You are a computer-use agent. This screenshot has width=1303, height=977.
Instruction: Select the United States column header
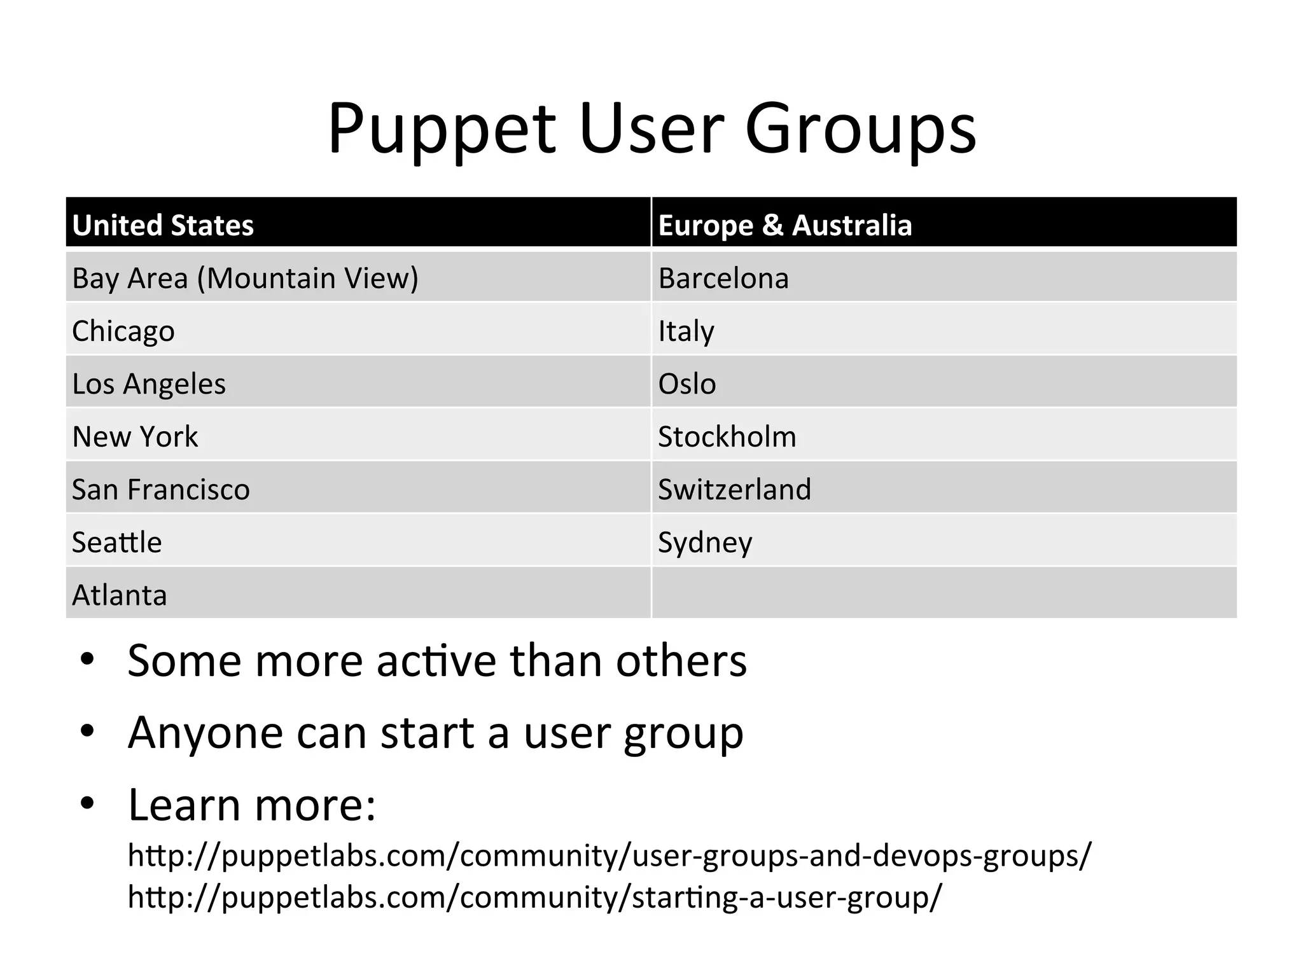click(163, 225)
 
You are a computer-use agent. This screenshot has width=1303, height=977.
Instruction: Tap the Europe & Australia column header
click(784, 225)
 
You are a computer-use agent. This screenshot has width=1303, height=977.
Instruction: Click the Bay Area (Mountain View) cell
click(245, 278)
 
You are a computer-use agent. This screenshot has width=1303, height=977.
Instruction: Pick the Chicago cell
click(123, 331)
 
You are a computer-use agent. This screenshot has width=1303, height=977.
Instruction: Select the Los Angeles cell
click(149, 384)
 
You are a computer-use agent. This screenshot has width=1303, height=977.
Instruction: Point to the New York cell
click(135, 436)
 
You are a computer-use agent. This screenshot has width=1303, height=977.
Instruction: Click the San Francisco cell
click(161, 489)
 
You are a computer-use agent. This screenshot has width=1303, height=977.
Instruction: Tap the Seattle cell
click(117, 542)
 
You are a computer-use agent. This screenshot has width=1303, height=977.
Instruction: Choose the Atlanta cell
click(120, 595)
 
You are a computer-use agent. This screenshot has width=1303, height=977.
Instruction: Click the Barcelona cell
click(723, 278)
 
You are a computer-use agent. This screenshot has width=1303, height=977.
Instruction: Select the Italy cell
click(686, 331)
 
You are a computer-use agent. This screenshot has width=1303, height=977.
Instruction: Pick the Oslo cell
click(687, 384)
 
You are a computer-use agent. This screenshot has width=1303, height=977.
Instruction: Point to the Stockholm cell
click(727, 436)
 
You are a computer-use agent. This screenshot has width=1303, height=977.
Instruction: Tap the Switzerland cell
click(735, 489)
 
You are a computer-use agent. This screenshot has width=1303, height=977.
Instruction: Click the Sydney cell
click(705, 542)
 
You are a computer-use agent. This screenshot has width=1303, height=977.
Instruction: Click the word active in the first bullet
click(436, 661)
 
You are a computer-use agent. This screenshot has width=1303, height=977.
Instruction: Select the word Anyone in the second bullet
click(205, 733)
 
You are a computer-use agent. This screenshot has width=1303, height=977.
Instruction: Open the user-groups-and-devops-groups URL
click(609, 856)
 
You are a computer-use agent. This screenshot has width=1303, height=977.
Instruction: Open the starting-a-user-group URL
click(534, 897)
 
